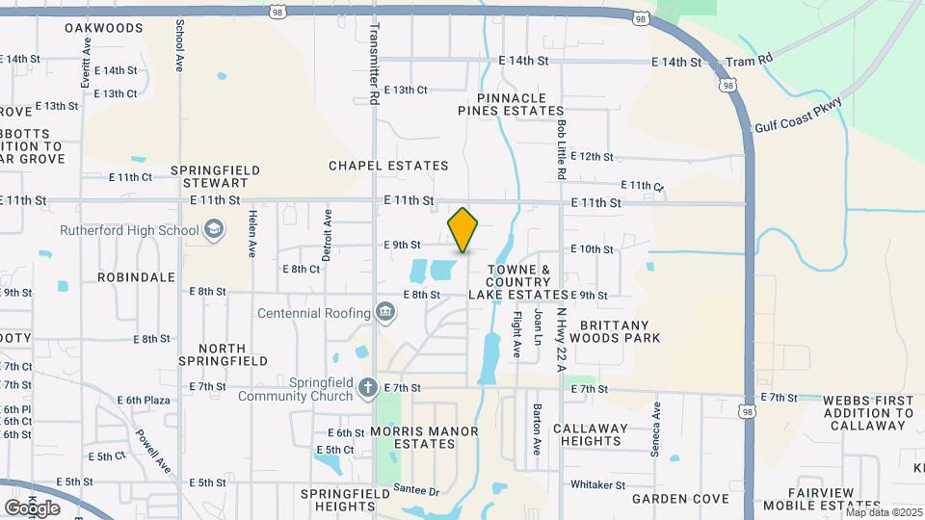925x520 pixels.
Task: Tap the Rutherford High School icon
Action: [x=213, y=230]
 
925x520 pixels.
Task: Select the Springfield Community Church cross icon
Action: [x=366, y=387]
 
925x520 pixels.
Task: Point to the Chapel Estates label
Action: [x=388, y=166]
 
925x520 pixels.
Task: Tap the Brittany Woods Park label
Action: [x=615, y=331]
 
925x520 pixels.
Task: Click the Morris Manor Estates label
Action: [x=412, y=437]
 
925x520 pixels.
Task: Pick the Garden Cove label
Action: [x=680, y=499]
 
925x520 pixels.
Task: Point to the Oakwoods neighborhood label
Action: [x=104, y=28]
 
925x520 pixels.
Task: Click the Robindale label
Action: [x=136, y=276]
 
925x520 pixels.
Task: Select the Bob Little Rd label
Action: [x=561, y=148]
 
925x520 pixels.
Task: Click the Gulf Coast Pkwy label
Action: [x=799, y=116]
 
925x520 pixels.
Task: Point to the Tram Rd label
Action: [x=750, y=61]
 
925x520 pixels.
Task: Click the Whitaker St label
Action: [x=598, y=484]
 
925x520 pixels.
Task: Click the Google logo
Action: [x=32, y=507]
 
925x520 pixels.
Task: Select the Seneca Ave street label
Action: [x=655, y=429]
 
